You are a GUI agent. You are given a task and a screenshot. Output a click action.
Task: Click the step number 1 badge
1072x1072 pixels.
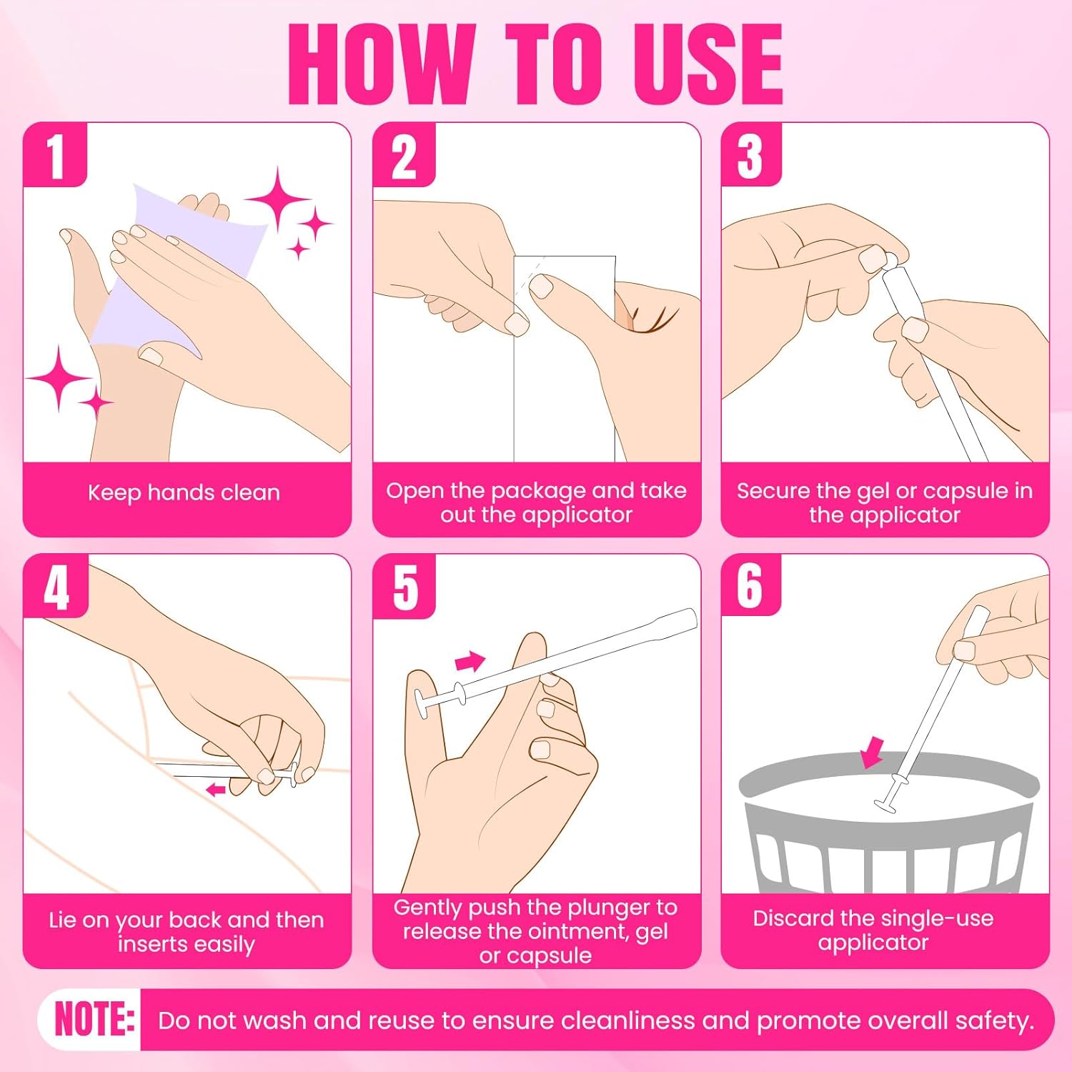(x=55, y=155)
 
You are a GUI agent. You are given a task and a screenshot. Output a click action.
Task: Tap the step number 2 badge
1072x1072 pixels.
(x=404, y=155)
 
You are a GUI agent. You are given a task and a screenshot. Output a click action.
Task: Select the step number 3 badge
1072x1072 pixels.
(x=750, y=155)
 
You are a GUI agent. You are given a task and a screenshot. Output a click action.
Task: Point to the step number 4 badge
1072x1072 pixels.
(x=56, y=587)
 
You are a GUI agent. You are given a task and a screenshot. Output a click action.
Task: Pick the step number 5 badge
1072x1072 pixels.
(x=405, y=587)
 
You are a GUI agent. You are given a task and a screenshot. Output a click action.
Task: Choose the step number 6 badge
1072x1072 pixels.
(x=750, y=585)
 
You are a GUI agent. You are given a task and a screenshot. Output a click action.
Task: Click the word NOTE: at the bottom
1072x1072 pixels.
(x=94, y=1019)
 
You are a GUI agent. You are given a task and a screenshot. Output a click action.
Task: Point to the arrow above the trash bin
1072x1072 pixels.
(x=873, y=753)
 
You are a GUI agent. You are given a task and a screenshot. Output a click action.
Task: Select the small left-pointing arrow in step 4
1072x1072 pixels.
(x=216, y=790)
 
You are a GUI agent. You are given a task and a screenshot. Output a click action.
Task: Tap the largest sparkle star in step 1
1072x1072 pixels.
(x=277, y=201)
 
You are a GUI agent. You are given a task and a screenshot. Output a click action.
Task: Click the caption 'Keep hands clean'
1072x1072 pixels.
(x=184, y=492)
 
